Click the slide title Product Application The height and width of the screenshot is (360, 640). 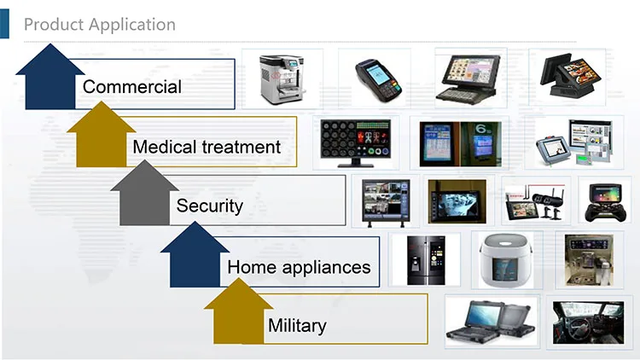99,24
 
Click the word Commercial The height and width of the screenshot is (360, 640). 132,86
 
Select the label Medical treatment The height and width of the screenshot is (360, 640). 207,147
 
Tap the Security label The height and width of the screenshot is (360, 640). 210,205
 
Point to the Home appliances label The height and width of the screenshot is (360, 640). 299,267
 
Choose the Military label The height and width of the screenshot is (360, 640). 297,325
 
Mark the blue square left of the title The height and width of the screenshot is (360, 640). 6,24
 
